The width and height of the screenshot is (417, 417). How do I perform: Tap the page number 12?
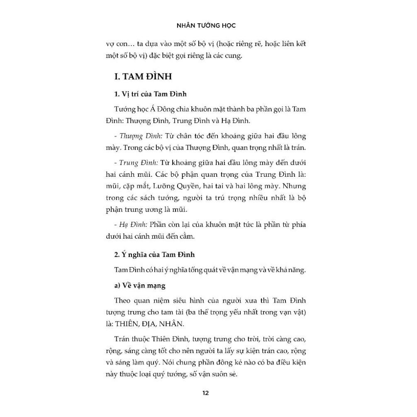pyautogui.click(x=206, y=393)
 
